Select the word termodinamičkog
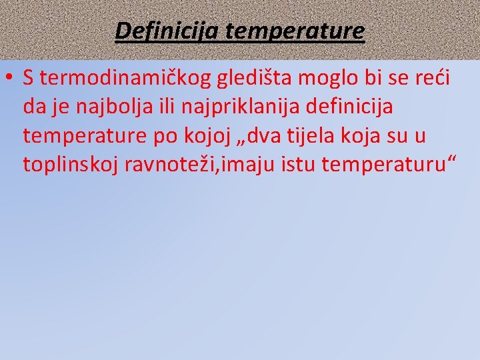point(119,79)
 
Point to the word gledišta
point(255,79)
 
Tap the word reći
point(433,79)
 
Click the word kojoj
point(205,136)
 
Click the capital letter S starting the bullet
point(27,79)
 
